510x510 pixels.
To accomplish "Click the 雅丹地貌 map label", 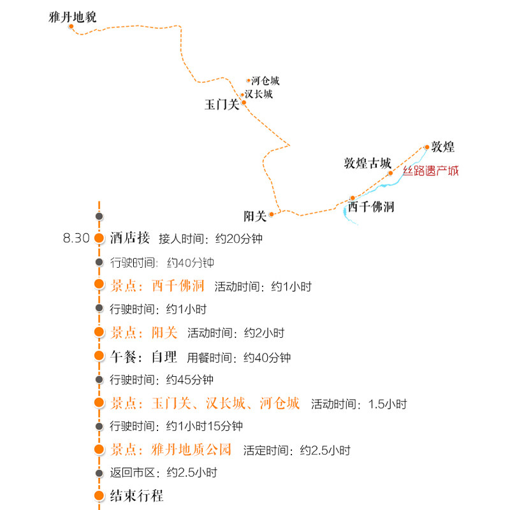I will (72, 17).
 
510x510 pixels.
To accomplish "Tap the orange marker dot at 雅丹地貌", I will (71, 27).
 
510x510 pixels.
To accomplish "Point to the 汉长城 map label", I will (259, 94).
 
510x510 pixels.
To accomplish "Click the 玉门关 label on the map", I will (221, 105).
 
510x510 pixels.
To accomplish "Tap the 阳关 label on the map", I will (254, 215).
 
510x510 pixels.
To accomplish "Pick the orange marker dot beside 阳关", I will (271, 214).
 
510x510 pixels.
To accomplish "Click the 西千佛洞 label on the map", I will (371, 207).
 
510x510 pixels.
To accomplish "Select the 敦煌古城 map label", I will (367, 163).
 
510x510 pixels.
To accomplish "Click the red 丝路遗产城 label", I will (430, 171).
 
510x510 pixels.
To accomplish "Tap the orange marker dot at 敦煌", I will (427, 147).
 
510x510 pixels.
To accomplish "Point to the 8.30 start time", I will (76, 238).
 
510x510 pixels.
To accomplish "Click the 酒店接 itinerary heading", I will (130, 238).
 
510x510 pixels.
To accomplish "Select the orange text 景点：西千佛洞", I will (157, 286).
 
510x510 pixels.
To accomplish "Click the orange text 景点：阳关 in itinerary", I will (143, 332).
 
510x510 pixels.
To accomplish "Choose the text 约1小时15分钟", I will (204, 426).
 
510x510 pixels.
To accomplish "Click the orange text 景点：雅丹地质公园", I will (171, 449).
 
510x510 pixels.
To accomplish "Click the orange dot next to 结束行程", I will (99, 497).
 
